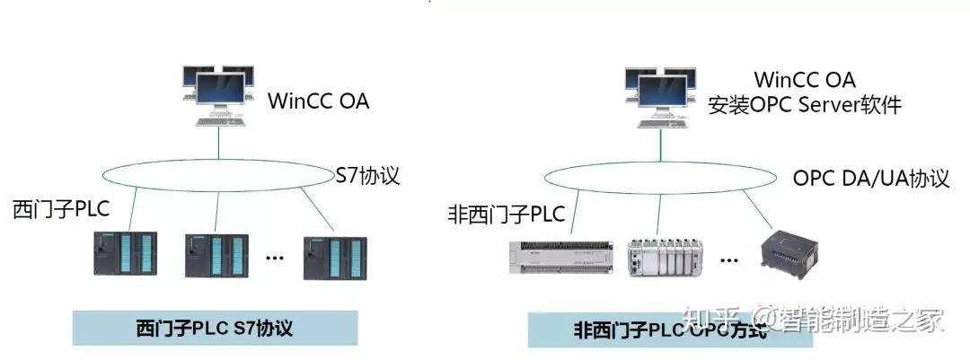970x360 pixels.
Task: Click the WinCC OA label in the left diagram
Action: point(318,101)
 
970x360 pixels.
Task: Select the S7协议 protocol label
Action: point(366,174)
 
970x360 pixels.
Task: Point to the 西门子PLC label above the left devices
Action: point(61,210)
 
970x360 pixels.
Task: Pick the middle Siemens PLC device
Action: point(216,255)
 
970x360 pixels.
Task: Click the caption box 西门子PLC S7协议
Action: point(215,328)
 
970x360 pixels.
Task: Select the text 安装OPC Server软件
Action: point(805,105)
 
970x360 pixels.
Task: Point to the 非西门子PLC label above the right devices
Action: point(506,215)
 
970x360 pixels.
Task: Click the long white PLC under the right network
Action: point(560,258)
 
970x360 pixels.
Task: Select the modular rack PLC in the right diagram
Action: point(664,257)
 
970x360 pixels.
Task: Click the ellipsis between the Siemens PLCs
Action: point(275,259)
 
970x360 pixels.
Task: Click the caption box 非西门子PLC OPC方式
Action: point(670,330)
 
